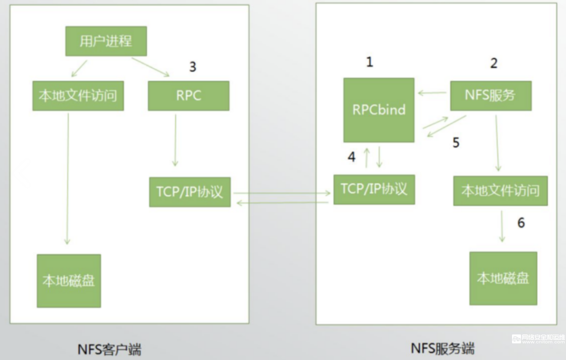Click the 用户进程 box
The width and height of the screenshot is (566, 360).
[x=106, y=41]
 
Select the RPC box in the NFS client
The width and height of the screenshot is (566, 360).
[x=189, y=95]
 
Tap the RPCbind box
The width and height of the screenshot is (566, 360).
[x=379, y=110]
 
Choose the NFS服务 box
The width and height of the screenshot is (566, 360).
[x=490, y=95]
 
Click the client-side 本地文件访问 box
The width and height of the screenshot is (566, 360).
[x=78, y=96]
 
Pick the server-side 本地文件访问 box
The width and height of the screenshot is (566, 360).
[x=500, y=191]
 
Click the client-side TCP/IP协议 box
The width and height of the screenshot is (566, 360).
[x=190, y=192]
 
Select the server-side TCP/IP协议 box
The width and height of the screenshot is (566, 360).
[x=374, y=189]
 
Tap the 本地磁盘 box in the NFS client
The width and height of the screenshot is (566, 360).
[x=69, y=281]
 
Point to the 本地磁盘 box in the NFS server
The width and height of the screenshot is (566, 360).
[x=503, y=278]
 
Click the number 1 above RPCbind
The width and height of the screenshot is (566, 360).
[x=369, y=62]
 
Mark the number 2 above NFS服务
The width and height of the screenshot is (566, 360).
[x=494, y=63]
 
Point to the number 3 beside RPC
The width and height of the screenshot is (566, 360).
[x=193, y=67]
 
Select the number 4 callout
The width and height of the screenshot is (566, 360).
[x=351, y=156]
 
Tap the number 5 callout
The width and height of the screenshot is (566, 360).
[x=456, y=143]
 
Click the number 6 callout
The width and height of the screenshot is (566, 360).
[x=521, y=223]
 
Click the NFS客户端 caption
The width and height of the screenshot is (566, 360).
[x=109, y=349]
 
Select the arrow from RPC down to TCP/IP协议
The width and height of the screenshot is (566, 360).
[x=175, y=140]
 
